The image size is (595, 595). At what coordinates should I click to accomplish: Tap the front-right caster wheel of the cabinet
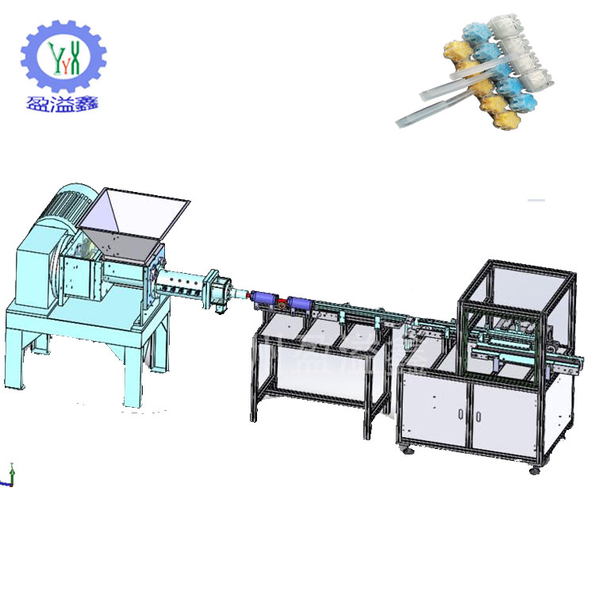[534, 471]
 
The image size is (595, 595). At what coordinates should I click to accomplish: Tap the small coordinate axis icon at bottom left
[10, 474]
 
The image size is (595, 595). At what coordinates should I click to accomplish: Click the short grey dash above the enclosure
[536, 200]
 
